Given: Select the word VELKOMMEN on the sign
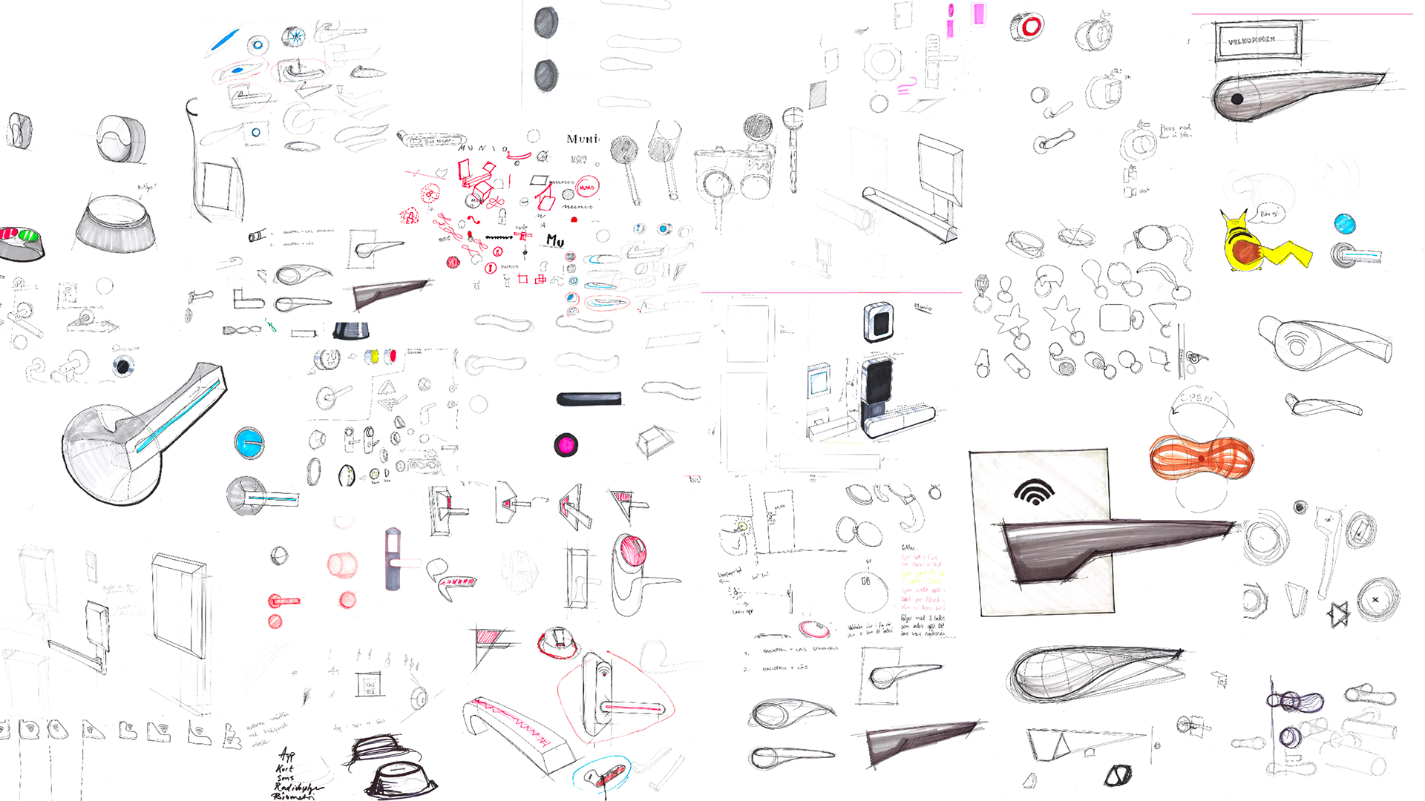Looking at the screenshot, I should coord(1252,40).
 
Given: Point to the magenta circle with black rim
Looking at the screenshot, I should coord(566,445).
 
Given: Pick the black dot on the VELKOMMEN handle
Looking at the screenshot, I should coord(1237,99).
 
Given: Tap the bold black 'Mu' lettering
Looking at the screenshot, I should coord(555,240).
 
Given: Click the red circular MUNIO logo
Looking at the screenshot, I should coord(587,188).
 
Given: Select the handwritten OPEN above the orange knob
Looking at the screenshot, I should coord(1196,398).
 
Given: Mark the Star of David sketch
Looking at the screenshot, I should coord(1338,615).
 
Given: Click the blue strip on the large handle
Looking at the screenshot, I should coord(178,415).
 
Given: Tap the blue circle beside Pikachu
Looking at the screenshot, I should coord(1344,223).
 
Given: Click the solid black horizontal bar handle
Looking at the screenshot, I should coord(589,399).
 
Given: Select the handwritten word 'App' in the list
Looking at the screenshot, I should coord(286,755).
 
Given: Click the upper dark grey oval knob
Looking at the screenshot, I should coord(546,22).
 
